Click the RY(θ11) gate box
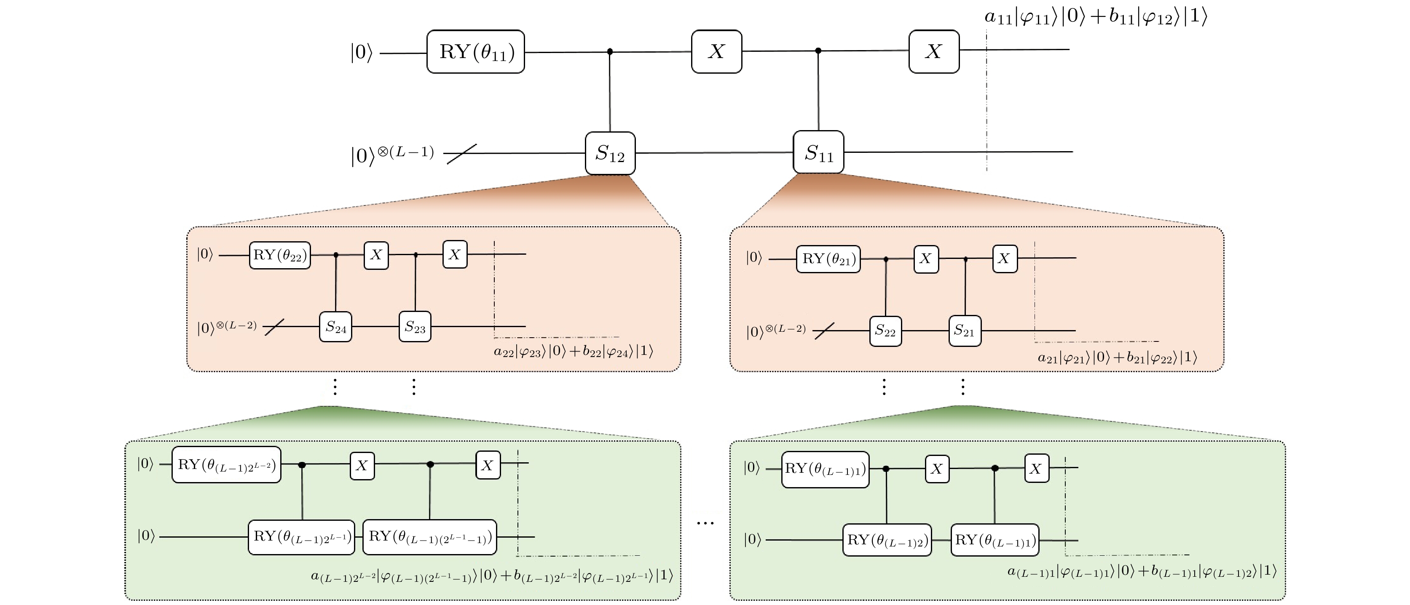[x=475, y=52]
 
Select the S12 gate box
[x=610, y=153]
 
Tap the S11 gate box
[x=818, y=152]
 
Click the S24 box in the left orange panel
[x=335, y=327]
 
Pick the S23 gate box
[x=415, y=327]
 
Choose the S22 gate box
[x=885, y=330]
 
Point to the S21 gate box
[x=965, y=330]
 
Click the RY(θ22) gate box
[x=280, y=255]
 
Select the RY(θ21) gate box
[x=828, y=259]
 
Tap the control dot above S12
[x=610, y=52]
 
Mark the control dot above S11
[x=818, y=51]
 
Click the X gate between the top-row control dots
[x=716, y=51]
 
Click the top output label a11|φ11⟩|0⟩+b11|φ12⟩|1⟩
[x=1095, y=17]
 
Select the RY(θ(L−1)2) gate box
[x=887, y=540]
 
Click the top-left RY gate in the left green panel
[x=226, y=465]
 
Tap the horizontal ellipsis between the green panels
[x=705, y=523]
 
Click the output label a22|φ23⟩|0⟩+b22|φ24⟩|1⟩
[x=573, y=351]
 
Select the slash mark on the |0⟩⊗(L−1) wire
[x=461, y=154]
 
